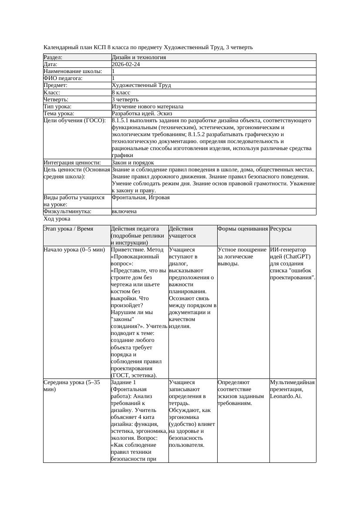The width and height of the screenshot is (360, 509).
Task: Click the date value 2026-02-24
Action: tap(126, 64)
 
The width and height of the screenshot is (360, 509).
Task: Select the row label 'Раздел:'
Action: tap(53, 57)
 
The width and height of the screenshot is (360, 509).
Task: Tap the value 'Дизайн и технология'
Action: tap(138, 57)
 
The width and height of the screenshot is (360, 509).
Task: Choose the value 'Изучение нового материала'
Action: tap(147, 107)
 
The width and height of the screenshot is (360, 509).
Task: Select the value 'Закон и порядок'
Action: tap(133, 163)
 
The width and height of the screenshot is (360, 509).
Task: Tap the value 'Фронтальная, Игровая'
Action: tap(141, 198)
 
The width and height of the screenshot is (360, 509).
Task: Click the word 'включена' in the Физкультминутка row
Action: tap(124, 211)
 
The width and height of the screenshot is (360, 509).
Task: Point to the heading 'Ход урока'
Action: tap(57, 219)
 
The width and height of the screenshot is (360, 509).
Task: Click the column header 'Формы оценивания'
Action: tap(242, 229)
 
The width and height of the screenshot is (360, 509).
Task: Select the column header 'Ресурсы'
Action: tap(281, 229)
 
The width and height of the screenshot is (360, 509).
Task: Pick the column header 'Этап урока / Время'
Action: tap(68, 229)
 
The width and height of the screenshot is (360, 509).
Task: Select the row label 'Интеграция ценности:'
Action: tap(72, 163)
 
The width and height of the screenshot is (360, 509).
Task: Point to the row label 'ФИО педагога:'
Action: tap(63, 78)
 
